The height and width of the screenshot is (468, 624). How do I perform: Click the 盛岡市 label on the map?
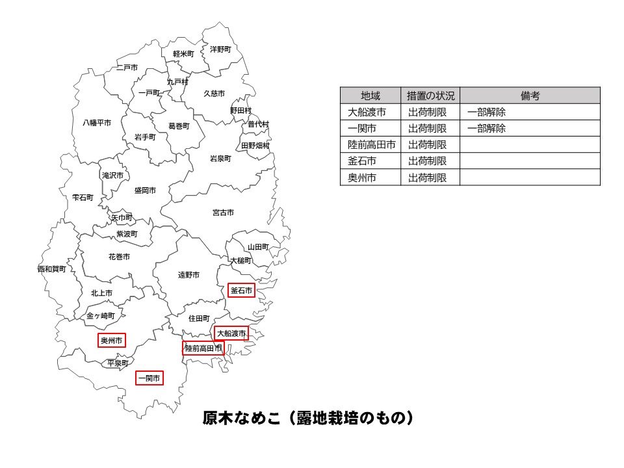click(145, 190)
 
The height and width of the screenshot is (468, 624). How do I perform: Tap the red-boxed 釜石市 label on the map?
click(241, 291)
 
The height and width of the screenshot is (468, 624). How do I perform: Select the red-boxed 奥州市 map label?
click(111, 340)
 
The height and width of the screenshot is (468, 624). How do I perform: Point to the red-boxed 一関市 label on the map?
click(149, 378)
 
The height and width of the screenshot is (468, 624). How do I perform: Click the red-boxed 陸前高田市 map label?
click(203, 348)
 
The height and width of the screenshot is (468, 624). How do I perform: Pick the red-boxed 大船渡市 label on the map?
click(231, 333)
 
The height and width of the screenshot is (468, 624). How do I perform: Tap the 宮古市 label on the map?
click(223, 213)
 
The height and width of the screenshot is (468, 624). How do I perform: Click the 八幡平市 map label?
click(97, 122)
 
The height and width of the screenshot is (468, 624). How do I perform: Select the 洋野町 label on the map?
click(220, 49)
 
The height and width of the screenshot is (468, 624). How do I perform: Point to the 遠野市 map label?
click(188, 275)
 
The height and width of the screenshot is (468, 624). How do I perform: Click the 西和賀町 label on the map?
click(51, 268)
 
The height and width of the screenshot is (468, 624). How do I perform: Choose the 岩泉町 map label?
click(220, 158)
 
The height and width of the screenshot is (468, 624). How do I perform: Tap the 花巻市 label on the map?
click(119, 257)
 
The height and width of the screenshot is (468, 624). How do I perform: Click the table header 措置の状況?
click(430, 96)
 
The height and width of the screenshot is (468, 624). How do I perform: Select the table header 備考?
click(530, 96)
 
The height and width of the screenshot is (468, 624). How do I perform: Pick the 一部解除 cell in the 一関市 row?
click(486, 128)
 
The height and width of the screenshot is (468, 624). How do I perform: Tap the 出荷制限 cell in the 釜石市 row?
click(428, 161)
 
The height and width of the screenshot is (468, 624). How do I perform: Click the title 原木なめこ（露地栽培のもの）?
click(308, 417)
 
